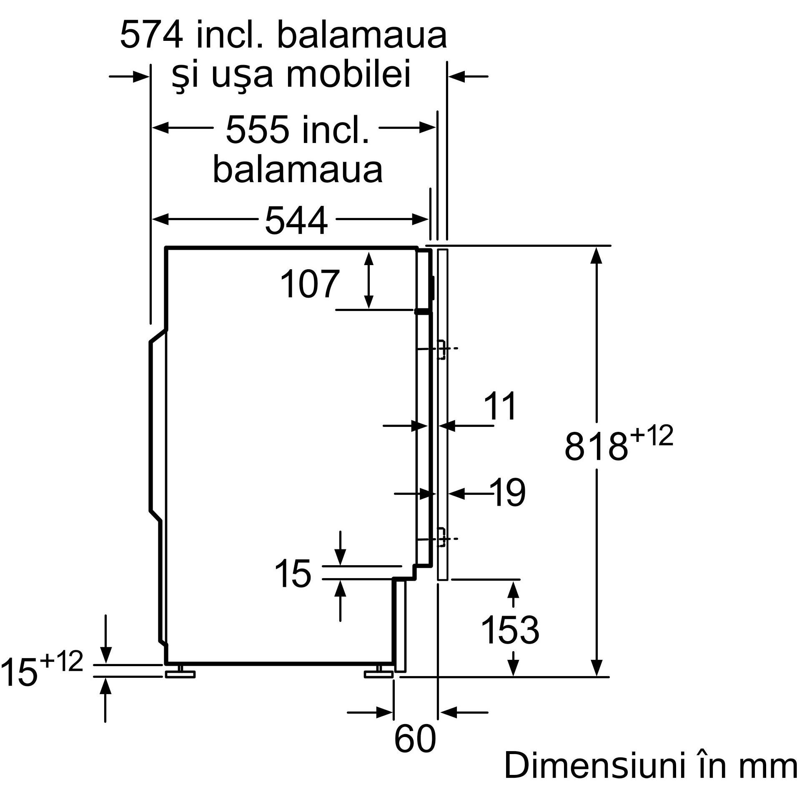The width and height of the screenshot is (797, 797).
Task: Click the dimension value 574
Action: tap(151, 36)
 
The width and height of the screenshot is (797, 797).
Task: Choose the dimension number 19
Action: tap(508, 493)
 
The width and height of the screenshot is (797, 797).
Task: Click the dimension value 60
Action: tap(414, 739)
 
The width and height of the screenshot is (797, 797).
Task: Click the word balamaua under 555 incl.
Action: tap(298, 170)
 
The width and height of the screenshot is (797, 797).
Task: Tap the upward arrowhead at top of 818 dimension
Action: tap(597, 254)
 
